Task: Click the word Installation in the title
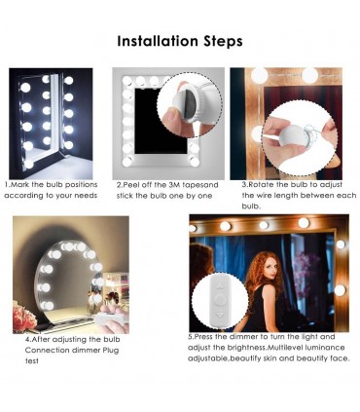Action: click(x=158, y=41)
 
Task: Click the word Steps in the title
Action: click(x=223, y=42)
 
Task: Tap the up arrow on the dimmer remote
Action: click(x=220, y=286)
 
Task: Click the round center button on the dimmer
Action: click(x=220, y=301)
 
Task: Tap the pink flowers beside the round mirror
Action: click(x=25, y=318)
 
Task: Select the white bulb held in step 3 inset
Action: click(x=292, y=139)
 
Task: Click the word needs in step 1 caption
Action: click(x=86, y=196)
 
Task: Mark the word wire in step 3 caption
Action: click(x=263, y=196)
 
